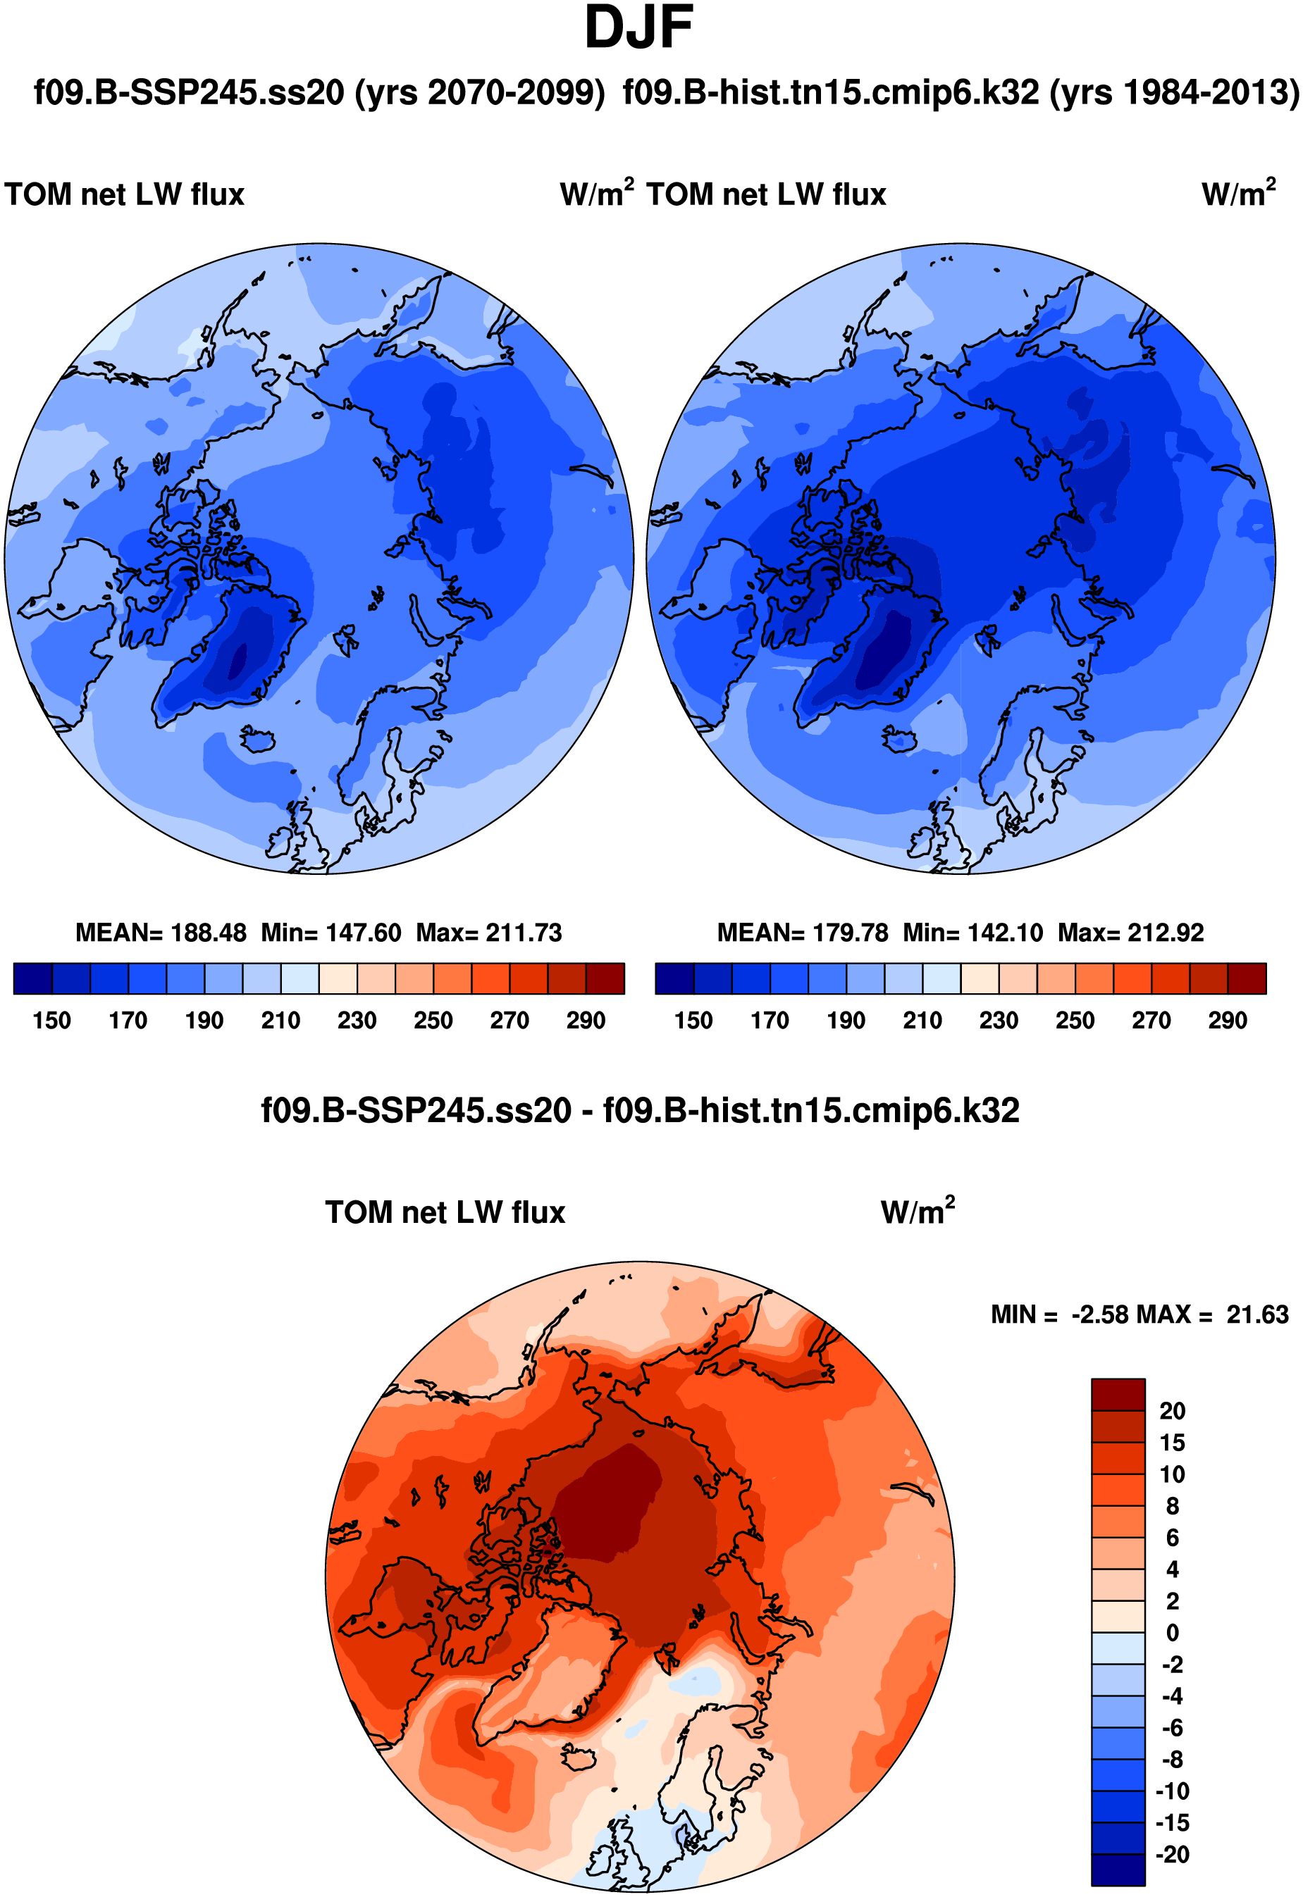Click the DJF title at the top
[639, 29]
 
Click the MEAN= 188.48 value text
[161, 933]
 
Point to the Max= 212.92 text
[1131, 933]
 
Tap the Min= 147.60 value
[331, 933]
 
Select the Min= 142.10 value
[973, 933]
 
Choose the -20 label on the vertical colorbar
[1173, 1855]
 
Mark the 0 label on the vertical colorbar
[1173, 1634]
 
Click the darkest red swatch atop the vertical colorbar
[1118, 1395]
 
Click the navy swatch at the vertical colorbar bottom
[1118, 1870]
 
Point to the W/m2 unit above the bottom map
[918, 1212]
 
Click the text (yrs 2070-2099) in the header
[480, 93]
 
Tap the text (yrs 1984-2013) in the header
[1174, 93]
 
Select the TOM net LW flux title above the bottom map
[445, 1213]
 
